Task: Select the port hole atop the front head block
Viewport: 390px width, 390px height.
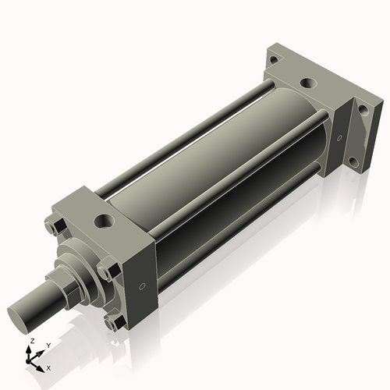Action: [103, 222]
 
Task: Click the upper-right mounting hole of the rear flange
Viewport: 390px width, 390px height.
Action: [361, 111]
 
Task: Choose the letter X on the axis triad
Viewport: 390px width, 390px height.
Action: [48, 366]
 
